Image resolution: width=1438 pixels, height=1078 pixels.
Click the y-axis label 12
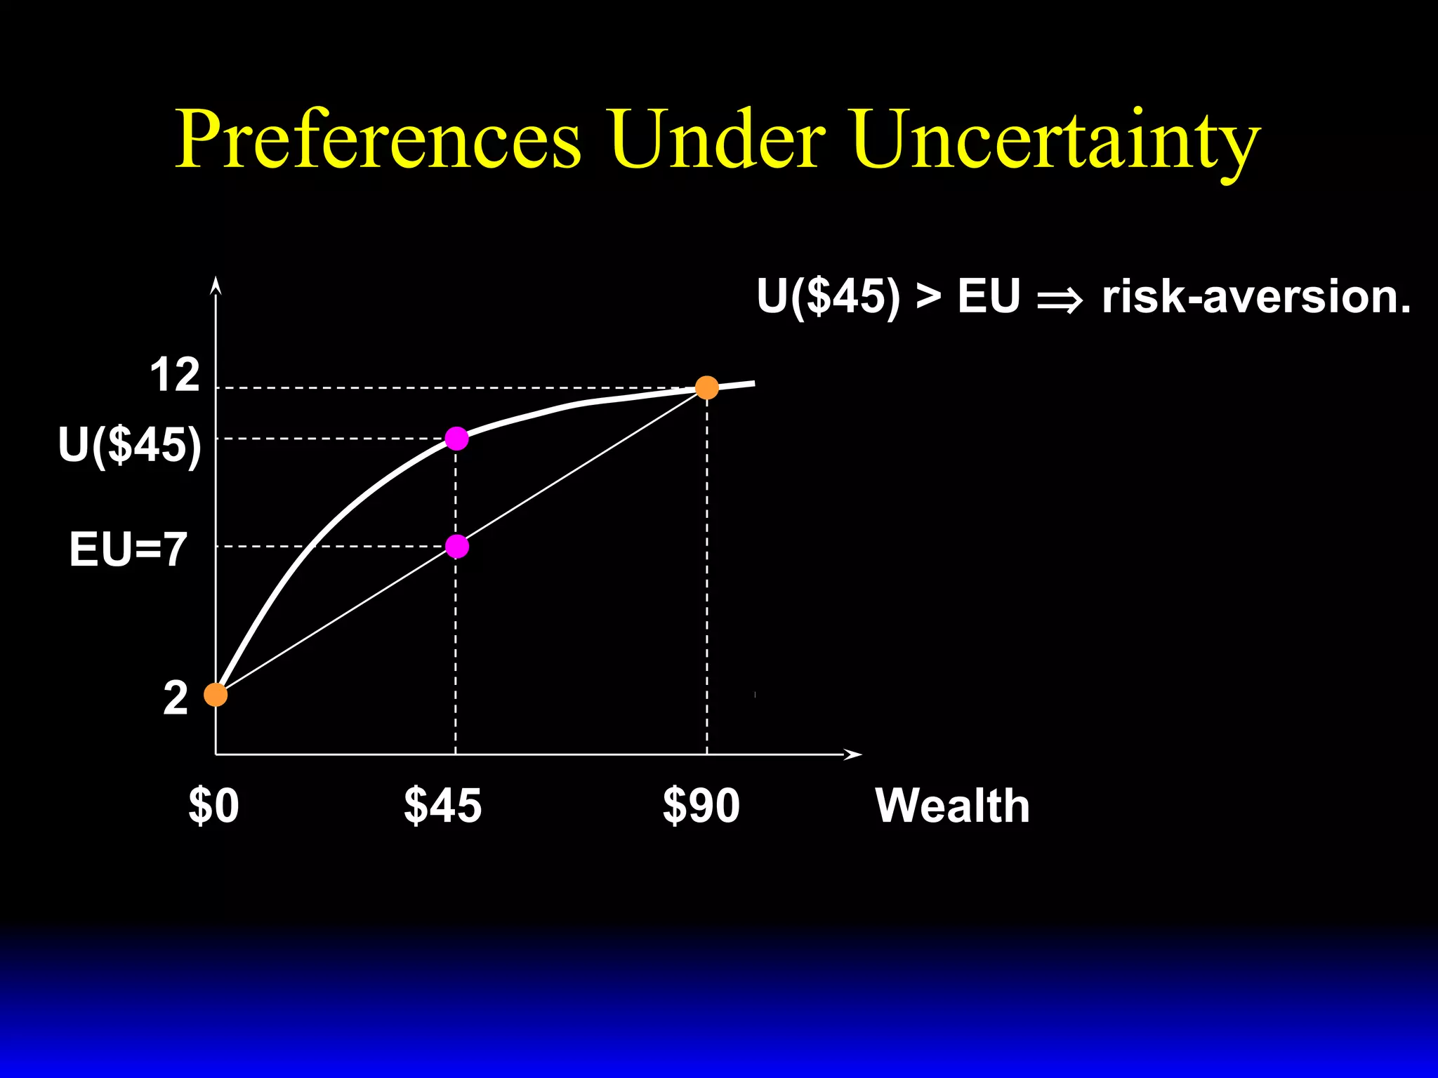pos(175,375)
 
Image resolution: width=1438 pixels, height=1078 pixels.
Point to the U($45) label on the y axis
pos(130,445)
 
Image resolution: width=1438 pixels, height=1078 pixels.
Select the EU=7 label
pos(128,549)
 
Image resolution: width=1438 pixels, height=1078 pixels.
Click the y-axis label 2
pos(176,698)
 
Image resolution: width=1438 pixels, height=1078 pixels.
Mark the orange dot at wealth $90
pos(706,387)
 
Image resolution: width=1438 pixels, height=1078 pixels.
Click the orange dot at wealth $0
pos(216,695)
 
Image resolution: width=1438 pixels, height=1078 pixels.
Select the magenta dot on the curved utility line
pos(456,439)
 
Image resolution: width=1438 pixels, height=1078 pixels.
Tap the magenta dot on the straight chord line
pos(456,546)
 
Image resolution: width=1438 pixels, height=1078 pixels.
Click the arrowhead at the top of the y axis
pos(216,285)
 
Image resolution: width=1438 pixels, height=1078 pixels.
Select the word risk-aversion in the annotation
pos(1255,296)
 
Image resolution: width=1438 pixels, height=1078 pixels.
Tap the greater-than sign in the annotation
pos(928,298)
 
